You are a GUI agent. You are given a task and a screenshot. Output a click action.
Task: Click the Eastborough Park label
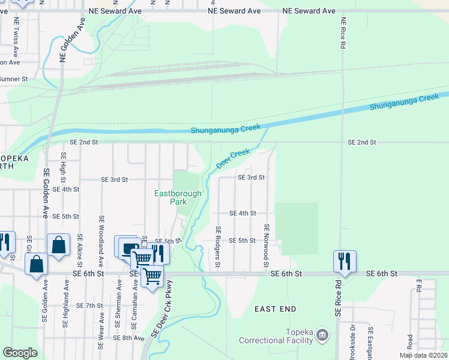[x=178, y=197]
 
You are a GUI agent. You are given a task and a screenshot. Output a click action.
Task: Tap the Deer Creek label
[x=232, y=158]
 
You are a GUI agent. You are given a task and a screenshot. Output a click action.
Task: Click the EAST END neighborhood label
[x=275, y=309]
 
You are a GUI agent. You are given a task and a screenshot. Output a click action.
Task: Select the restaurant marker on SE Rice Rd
[x=345, y=261]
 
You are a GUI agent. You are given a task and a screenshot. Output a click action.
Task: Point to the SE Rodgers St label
[x=218, y=247]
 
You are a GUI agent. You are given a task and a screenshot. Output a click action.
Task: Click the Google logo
[x=20, y=352]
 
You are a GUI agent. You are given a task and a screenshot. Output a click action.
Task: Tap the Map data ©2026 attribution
[x=423, y=355]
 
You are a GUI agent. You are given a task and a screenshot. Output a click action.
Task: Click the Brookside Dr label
[x=354, y=343]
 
